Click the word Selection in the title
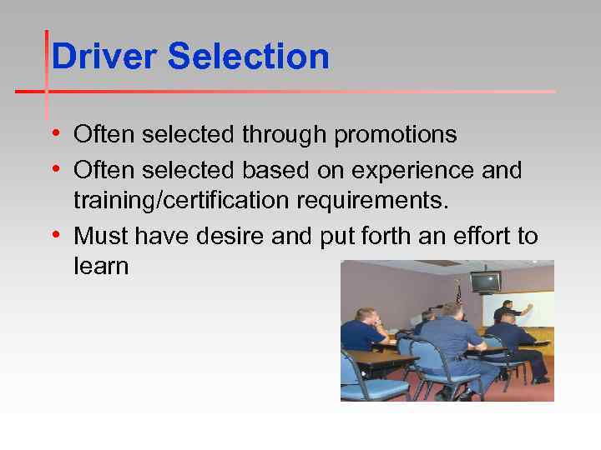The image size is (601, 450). tap(248, 57)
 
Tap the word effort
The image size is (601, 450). tap(482, 237)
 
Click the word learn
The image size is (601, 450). tap(101, 267)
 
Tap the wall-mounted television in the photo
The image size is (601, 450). tap(486, 282)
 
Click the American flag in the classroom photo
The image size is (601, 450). tap(458, 294)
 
